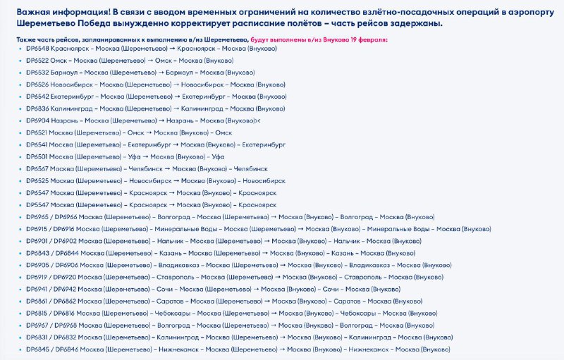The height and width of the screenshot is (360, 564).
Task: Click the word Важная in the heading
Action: click(x=34, y=13)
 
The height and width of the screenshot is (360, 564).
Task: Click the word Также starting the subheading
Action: click(x=27, y=40)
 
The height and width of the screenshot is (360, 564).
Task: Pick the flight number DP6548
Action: click(x=37, y=49)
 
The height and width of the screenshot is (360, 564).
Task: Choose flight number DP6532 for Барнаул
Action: click(x=37, y=73)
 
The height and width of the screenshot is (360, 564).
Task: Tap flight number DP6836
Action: click(x=37, y=108)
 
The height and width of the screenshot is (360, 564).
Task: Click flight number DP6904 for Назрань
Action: click(x=37, y=120)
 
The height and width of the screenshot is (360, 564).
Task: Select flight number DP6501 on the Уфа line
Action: click(x=37, y=156)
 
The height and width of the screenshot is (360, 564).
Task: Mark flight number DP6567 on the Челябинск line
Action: click(x=37, y=169)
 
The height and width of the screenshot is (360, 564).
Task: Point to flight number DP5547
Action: click(x=37, y=204)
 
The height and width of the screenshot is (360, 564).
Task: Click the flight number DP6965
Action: click(x=37, y=217)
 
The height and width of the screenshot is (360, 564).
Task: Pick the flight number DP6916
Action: click(x=63, y=229)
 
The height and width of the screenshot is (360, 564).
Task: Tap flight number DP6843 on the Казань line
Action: click(x=37, y=253)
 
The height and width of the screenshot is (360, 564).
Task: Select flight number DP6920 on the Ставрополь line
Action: click(x=63, y=277)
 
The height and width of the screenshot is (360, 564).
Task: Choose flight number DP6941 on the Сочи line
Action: click(x=37, y=289)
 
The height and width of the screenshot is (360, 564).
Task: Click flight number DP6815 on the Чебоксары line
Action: click(x=37, y=313)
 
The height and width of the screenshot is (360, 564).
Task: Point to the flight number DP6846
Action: click(x=63, y=349)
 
